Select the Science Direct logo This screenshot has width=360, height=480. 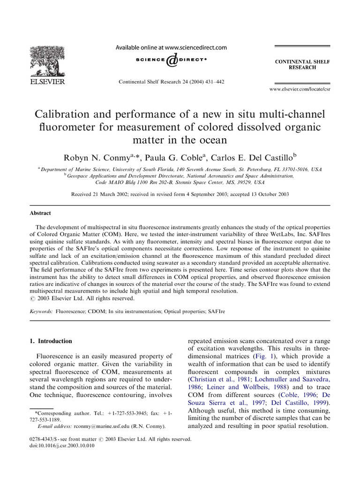coord(171,60)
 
